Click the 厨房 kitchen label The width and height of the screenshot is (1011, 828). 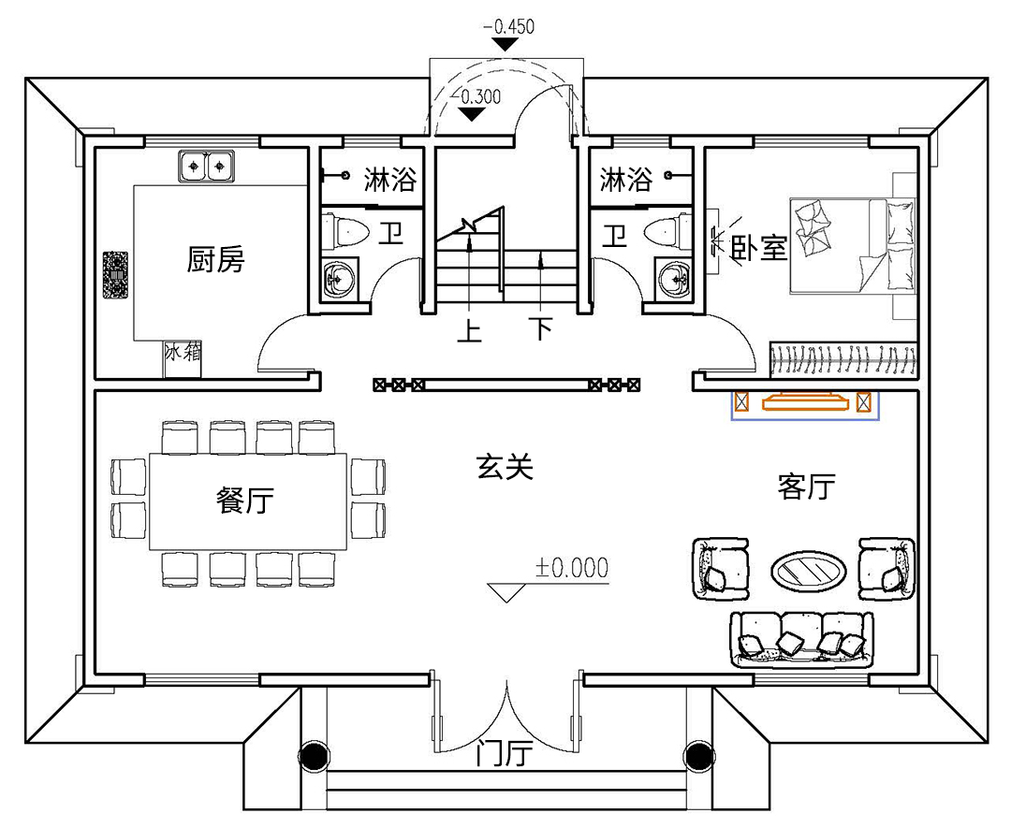(x=216, y=259)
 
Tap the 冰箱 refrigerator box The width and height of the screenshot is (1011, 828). (x=183, y=359)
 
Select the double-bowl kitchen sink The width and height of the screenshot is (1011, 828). (x=206, y=167)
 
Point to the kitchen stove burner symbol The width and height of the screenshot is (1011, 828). (x=115, y=274)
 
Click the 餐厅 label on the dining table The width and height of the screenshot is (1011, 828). (x=245, y=500)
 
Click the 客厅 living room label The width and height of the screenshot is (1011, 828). (x=807, y=487)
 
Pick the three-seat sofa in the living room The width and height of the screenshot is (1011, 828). (x=801, y=639)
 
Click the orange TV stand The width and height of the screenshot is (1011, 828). (x=805, y=402)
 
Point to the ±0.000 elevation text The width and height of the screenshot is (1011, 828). (x=572, y=568)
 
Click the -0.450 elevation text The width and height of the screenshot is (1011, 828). (x=508, y=26)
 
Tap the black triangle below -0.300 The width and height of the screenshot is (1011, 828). (x=474, y=114)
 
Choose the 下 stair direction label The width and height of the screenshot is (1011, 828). (x=542, y=328)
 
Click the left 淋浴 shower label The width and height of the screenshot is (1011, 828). (x=390, y=179)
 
